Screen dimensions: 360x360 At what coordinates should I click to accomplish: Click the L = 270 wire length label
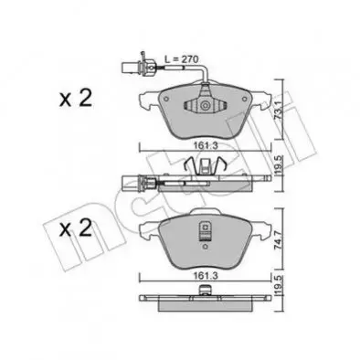182,58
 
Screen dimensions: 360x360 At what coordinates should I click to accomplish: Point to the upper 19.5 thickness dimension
276,165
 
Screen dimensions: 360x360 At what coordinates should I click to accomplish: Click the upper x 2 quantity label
76,99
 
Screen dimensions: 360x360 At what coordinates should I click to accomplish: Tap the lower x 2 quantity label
76,228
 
